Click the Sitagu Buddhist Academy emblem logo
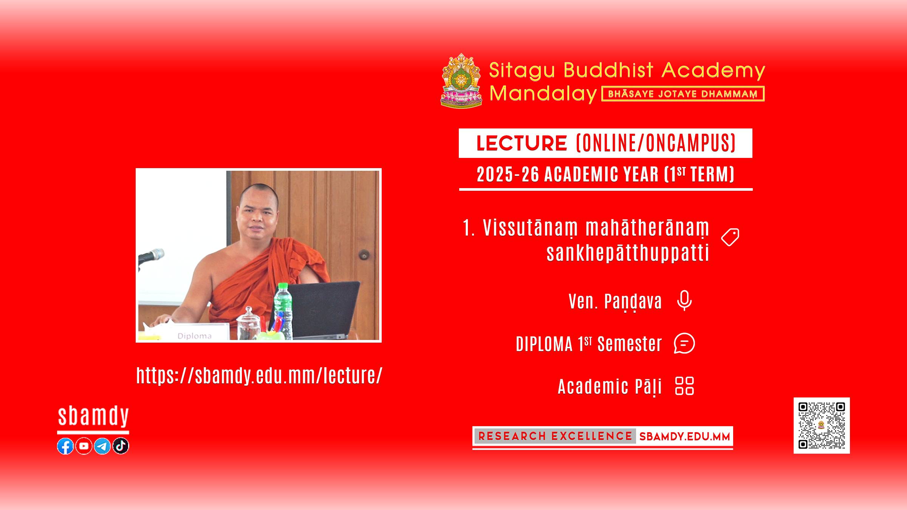(x=461, y=80)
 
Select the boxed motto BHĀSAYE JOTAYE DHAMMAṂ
(x=683, y=94)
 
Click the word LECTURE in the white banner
(x=522, y=143)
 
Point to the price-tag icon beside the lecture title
(x=730, y=237)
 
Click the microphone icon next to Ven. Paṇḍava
(x=684, y=301)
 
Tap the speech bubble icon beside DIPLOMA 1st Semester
(x=684, y=343)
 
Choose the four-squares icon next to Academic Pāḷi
(x=684, y=386)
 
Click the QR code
(x=822, y=425)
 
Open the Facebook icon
(x=65, y=446)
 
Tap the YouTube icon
(x=84, y=446)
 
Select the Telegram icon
(x=102, y=446)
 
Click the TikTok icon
(x=121, y=446)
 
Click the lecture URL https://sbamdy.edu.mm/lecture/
(x=259, y=376)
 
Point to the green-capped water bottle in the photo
(x=283, y=311)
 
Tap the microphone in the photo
(x=151, y=257)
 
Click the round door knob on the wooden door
(x=364, y=255)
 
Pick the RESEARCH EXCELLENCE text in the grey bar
(x=555, y=436)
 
